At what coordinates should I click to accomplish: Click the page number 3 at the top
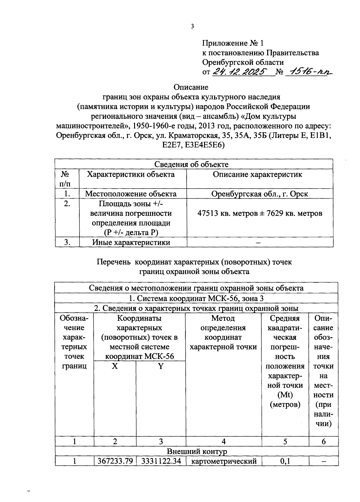[x=192, y=26]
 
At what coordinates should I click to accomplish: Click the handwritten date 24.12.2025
[x=240, y=72]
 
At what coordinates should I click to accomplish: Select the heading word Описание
[x=191, y=87]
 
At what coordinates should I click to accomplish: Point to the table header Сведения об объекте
[x=191, y=164]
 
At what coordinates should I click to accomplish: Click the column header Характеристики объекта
[x=130, y=174]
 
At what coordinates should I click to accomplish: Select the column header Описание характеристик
[x=257, y=174]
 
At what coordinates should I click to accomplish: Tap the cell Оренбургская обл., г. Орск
[x=259, y=194]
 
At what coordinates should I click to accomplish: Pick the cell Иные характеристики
[x=131, y=242]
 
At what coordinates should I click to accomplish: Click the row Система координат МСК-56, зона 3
[x=196, y=298]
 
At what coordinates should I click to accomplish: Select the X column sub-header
[x=115, y=366]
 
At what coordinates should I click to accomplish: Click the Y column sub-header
[x=161, y=366]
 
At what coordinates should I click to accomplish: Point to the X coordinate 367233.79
[x=115, y=461]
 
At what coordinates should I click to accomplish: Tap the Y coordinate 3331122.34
[x=161, y=461]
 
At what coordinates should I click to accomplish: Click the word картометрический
[x=224, y=461]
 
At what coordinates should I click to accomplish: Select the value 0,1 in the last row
[x=285, y=461]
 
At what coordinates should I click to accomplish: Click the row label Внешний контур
[x=197, y=451]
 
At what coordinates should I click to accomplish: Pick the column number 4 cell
[x=223, y=441]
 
